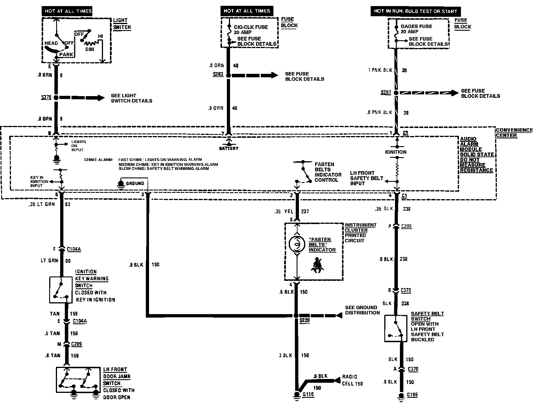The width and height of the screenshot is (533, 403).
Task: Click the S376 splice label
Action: [46, 97]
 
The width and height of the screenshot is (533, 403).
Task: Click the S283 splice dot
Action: [228, 76]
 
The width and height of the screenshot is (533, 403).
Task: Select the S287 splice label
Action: [386, 93]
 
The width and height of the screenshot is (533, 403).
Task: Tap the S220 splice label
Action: [304, 320]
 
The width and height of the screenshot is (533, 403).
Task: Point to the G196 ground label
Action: [412, 395]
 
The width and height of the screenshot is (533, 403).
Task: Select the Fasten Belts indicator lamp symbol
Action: [297, 244]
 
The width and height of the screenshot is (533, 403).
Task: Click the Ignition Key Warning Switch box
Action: [61, 290]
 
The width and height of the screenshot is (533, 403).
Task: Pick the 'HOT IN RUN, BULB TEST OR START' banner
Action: [415, 11]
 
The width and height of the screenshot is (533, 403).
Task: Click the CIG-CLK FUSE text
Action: [251, 27]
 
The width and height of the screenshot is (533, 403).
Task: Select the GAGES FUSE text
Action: [416, 26]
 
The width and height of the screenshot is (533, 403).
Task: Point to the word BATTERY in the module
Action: [229, 148]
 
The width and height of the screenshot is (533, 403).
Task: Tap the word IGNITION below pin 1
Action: [396, 152]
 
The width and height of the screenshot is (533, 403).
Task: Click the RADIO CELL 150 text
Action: [352, 380]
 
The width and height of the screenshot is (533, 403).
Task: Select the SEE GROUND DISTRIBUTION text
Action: [362, 310]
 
